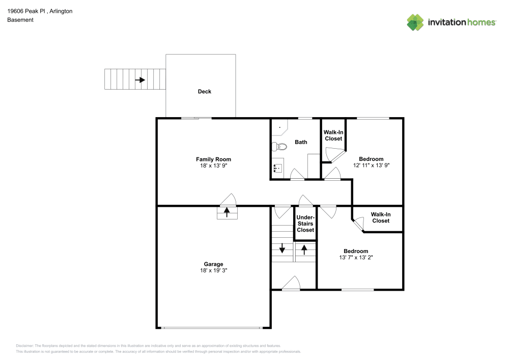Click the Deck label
point(204,92)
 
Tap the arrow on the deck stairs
point(139,80)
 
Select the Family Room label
point(213,159)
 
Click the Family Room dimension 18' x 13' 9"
point(213,166)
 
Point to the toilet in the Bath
point(279,147)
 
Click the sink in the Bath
point(277,168)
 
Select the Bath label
point(301,142)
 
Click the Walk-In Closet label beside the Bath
point(333,135)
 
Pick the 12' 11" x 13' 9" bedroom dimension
point(371,165)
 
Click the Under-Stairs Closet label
point(305,224)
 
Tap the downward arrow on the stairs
point(282,249)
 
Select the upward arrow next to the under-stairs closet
point(304,250)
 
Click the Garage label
point(213,264)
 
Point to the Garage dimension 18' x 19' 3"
point(213,270)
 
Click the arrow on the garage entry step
point(227,212)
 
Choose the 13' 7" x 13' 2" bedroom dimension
point(356,258)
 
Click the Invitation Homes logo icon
point(415,22)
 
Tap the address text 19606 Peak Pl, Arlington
point(40,11)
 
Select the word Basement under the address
point(20,20)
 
